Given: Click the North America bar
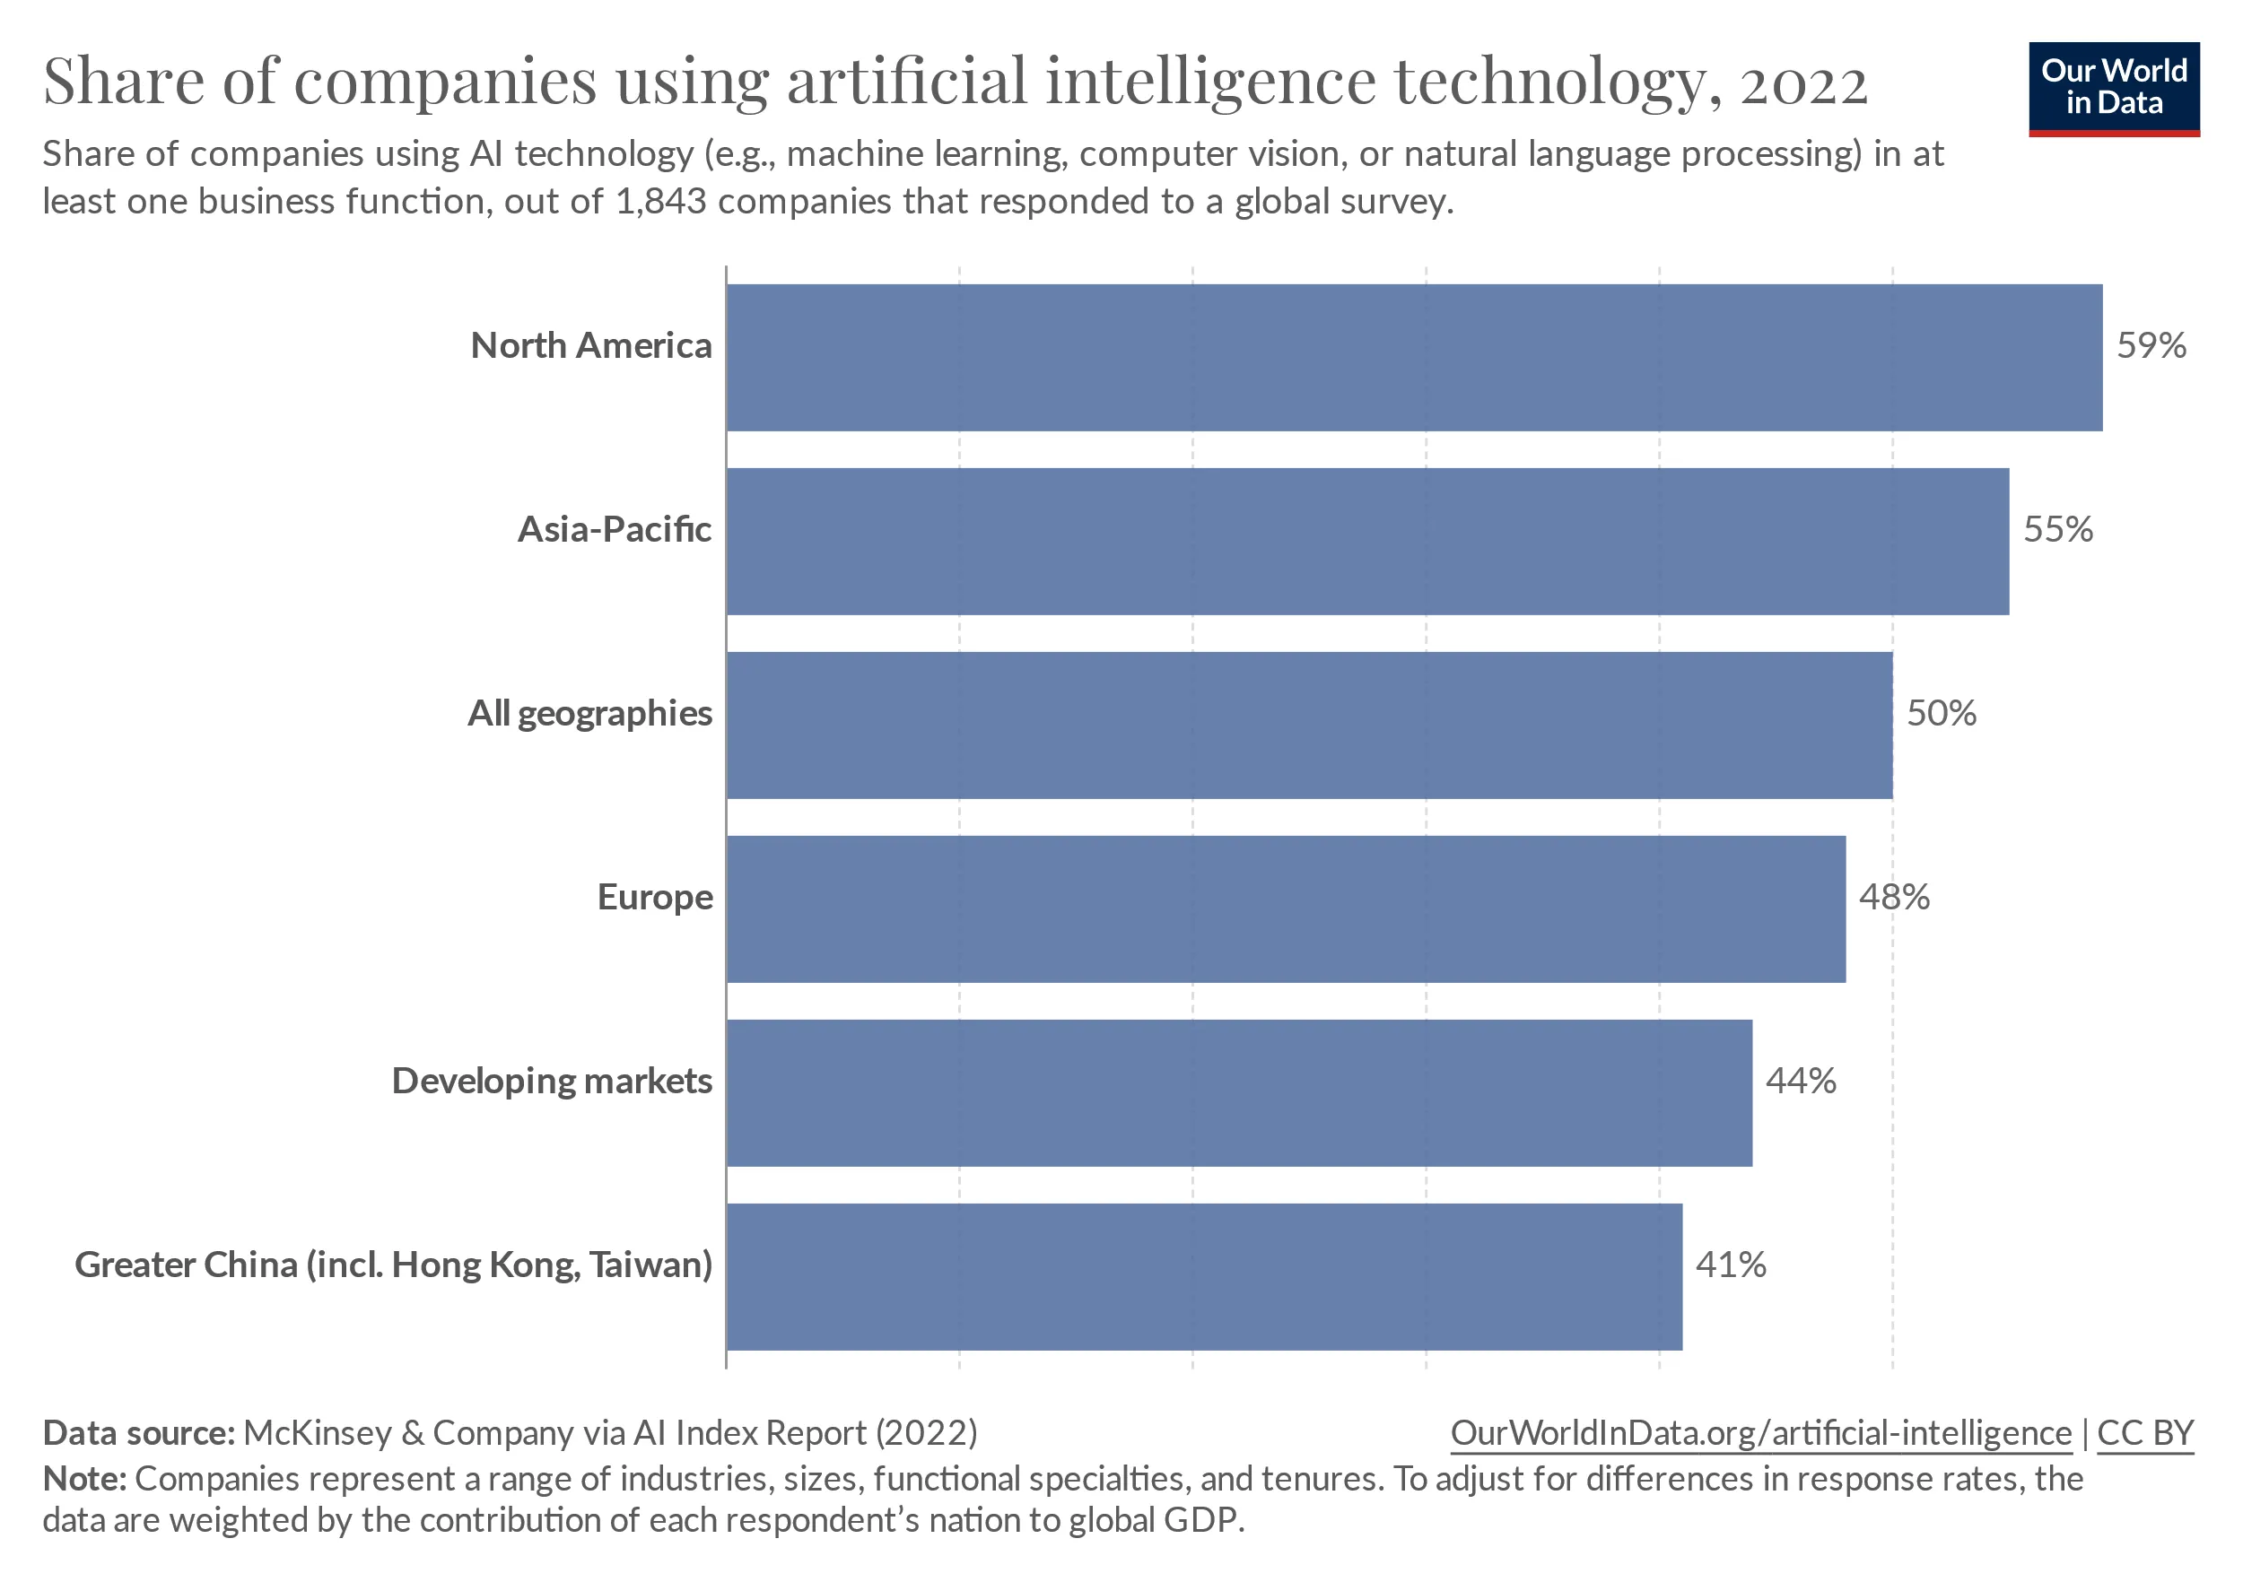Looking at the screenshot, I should tap(1414, 358).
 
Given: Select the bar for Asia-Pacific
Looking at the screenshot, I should tap(1366, 541).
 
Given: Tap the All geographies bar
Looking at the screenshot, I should tap(1309, 725).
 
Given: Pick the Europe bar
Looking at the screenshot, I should tap(1286, 908).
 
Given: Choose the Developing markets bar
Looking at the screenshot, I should tap(1239, 1092).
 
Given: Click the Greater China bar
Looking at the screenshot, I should tap(1203, 1276).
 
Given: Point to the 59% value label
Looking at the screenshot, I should tap(2151, 345).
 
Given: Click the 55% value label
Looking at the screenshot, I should tap(2057, 529).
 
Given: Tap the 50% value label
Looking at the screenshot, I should tap(1942, 714).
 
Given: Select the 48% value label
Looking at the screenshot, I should tap(1894, 898).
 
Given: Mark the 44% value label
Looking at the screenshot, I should tap(1801, 1081).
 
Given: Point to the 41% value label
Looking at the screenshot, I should tap(1730, 1265).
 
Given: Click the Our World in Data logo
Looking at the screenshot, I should tap(2114, 88).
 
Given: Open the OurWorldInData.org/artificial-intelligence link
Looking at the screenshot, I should tap(1760, 1432).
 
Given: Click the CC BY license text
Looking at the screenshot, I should tap(2145, 1432).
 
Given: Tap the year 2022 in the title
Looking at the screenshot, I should tap(1803, 82).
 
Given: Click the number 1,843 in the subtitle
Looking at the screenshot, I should tap(660, 202).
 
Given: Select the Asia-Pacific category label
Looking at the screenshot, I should tap(615, 529).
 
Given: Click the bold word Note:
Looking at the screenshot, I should tap(85, 1479).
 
